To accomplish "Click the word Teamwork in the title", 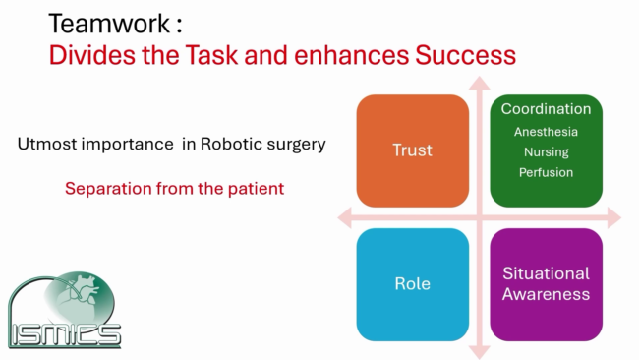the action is [109, 24].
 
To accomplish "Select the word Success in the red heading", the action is [465, 55].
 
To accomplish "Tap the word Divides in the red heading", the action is [91, 55].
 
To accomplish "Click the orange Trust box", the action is [413, 150].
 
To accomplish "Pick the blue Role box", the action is [413, 284].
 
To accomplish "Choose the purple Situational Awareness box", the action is [546, 284].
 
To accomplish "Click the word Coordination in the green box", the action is [546, 109].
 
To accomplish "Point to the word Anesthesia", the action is [546, 132].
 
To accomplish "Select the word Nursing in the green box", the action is [546, 152].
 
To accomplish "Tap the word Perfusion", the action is [546, 172].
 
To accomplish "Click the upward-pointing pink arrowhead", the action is [480, 83].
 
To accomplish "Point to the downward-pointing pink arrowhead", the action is [480, 352].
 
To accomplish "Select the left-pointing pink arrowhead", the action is [345, 217].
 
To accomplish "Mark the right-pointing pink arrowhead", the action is [614, 217].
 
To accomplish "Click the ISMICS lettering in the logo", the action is [64, 334].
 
